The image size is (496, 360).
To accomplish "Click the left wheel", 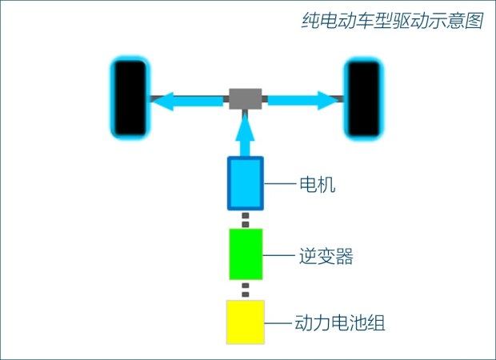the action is (130, 98).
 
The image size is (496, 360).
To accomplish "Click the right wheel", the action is (364, 98).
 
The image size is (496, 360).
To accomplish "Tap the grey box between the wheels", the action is (245, 98).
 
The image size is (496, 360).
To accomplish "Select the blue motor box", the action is (246, 183).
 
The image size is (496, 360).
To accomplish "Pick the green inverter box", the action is (246, 254).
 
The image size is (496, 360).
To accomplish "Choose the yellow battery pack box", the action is (246, 322).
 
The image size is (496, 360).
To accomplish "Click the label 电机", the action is (318, 184).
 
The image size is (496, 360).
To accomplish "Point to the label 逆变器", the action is (326, 256).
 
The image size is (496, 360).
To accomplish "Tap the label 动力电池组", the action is (340, 323).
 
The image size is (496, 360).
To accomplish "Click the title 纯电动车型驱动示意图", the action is (392, 21).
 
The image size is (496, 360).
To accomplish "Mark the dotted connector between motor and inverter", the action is (245, 220).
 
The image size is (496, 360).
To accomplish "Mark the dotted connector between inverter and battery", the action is (245, 290).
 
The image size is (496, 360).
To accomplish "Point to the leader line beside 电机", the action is (280, 184).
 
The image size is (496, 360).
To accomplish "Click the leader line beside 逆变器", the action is (279, 255).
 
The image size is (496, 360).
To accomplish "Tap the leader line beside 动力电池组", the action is (278, 323).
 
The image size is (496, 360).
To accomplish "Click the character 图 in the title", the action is (474, 21).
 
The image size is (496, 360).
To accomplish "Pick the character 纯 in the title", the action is (310, 21).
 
